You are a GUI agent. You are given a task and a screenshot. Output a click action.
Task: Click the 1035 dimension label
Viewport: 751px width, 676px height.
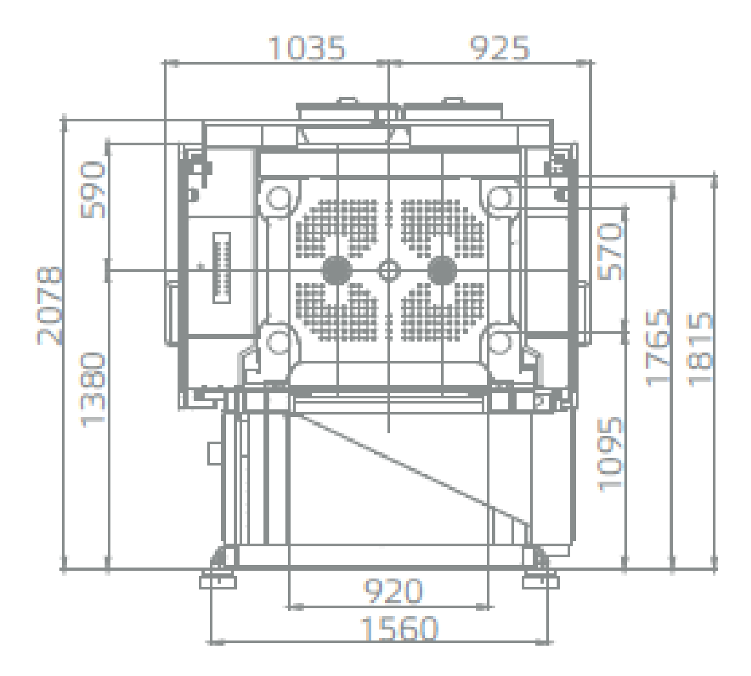(x=307, y=48)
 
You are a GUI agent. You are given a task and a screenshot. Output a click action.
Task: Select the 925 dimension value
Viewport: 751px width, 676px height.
(x=499, y=48)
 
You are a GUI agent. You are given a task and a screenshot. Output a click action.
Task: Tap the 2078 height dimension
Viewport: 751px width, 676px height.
(x=49, y=306)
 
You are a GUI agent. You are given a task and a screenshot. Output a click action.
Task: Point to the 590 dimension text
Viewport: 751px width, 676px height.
(x=93, y=190)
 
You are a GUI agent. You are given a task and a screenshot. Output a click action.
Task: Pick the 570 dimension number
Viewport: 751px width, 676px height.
(x=611, y=252)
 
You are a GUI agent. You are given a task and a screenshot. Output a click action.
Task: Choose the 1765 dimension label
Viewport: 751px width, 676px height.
(x=657, y=347)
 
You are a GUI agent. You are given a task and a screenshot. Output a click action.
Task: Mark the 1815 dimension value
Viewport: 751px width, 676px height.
(x=700, y=349)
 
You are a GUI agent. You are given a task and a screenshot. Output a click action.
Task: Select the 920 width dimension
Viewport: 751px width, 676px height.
(x=393, y=591)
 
